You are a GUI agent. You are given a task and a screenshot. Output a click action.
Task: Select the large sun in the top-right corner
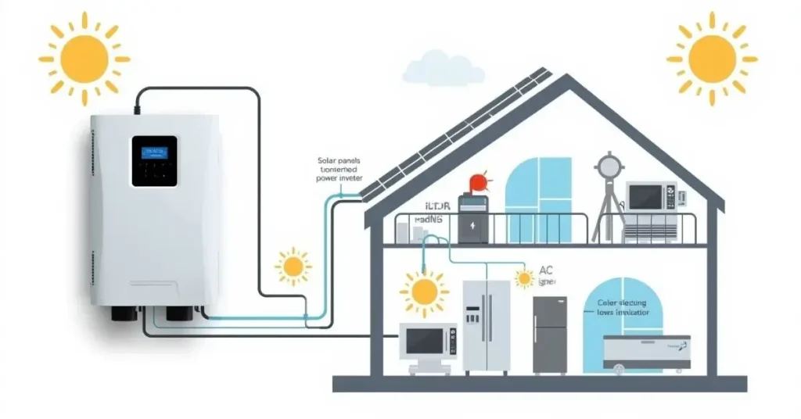pyautogui.click(x=712, y=58)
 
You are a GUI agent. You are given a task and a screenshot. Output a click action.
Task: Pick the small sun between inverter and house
pyautogui.click(x=293, y=267)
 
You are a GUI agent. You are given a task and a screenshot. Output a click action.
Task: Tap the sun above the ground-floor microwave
pyautogui.click(x=425, y=292)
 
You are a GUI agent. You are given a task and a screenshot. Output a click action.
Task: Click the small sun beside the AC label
pyautogui.click(x=523, y=278)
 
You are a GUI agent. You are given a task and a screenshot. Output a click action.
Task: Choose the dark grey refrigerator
pyautogui.click(x=550, y=334)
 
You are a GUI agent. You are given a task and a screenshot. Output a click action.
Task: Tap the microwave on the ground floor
pyautogui.click(x=427, y=342)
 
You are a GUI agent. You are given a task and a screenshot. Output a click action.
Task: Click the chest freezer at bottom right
pyautogui.click(x=646, y=352)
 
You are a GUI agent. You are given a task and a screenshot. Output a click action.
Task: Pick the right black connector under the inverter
pyautogui.click(x=178, y=314)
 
